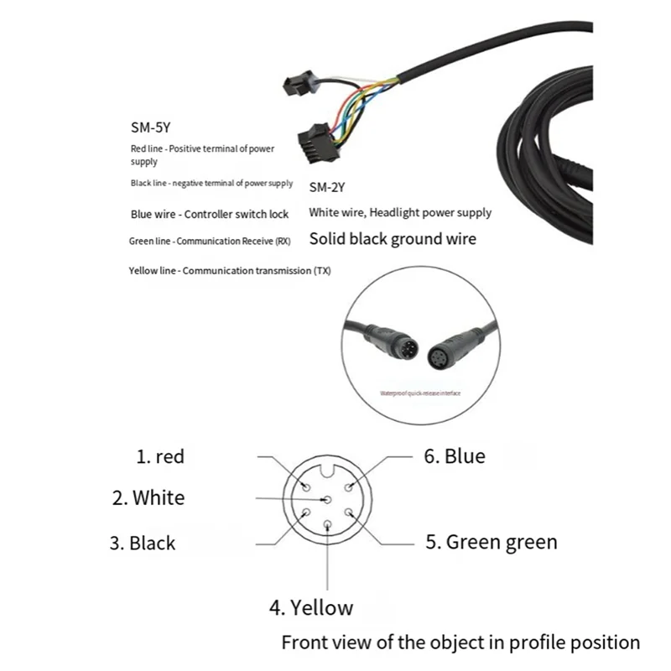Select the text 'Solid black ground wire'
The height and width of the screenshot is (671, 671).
pos(393,239)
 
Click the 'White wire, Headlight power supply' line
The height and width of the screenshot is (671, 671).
pos(400,212)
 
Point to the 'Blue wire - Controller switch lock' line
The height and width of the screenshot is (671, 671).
pos(210,214)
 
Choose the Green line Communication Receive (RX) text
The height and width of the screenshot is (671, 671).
pos(212,242)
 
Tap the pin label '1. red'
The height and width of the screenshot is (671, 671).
pos(160,457)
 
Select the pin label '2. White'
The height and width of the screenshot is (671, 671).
pos(148,497)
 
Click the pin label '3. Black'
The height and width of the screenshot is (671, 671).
pos(143,543)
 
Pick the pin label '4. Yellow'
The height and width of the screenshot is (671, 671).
pos(310,607)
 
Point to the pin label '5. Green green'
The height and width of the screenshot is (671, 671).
pos(491,542)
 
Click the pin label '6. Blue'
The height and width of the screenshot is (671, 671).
pos(454,456)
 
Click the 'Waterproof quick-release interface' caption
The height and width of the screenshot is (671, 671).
pos(420,393)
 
